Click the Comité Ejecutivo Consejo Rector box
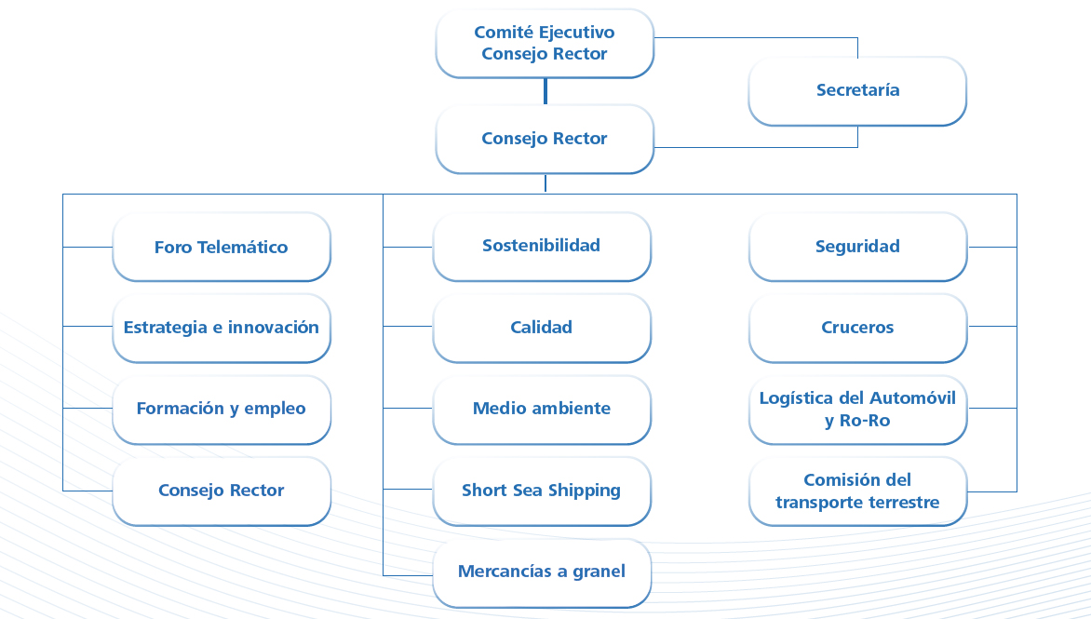(x=545, y=43)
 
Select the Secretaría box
(x=857, y=90)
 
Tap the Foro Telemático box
(x=221, y=247)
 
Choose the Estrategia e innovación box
(x=221, y=328)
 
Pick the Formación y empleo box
(x=221, y=409)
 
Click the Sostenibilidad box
(x=542, y=246)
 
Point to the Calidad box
(x=542, y=328)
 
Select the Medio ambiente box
(x=542, y=409)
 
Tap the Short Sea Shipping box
(x=542, y=491)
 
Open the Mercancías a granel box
(x=542, y=572)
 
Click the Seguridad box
(x=857, y=247)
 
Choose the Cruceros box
(x=857, y=328)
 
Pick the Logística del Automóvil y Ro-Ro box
(x=857, y=409)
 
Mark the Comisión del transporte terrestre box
(x=857, y=491)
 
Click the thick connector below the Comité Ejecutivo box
(x=545, y=91)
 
